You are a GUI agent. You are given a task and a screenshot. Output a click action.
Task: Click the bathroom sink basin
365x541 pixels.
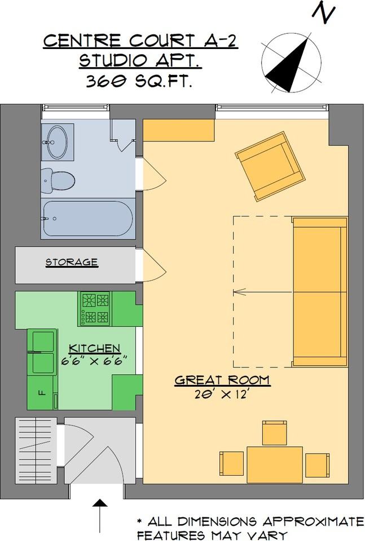56,141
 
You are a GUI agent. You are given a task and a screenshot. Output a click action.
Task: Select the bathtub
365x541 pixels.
87,219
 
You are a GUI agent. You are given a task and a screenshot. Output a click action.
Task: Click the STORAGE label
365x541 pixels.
72,262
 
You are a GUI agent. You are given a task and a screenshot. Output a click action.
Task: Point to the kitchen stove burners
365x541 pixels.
95,308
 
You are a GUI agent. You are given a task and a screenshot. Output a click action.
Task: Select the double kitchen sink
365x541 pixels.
43,352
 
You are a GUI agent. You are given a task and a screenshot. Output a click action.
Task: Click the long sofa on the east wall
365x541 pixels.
319,291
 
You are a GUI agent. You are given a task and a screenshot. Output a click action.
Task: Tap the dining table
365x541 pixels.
275,463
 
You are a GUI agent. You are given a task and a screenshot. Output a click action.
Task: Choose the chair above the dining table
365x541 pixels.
275,433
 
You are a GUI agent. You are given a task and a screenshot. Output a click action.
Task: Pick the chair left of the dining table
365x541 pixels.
231,463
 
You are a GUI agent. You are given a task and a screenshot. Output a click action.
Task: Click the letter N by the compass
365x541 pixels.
323,13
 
